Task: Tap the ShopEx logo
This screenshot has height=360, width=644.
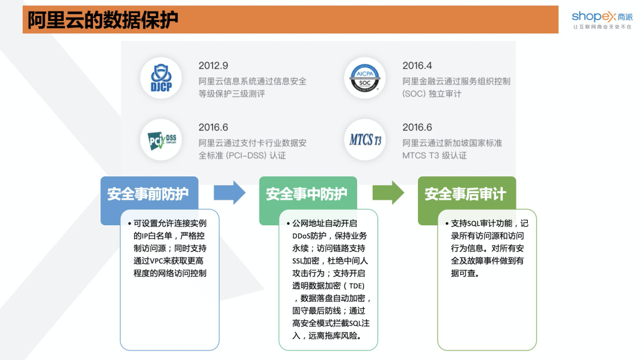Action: click(x=600, y=15)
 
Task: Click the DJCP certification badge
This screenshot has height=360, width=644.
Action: click(x=161, y=78)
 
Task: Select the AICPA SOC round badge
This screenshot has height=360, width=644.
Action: click(x=365, y=78)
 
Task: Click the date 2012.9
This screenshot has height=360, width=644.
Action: click(x=213, y=66)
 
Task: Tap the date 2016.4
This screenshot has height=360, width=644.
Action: click(x=417, y=66)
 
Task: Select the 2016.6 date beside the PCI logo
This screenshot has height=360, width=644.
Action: click(x=213, y=128)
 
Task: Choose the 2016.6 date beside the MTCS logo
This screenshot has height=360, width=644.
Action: click(x=417, y=128)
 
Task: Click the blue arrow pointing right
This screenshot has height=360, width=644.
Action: click(x=230, y=193)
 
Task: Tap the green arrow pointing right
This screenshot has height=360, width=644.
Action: click(x=388, y=193)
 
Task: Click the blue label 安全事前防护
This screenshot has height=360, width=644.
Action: click(x=148, y=194)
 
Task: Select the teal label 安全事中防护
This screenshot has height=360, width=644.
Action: click(x=306, y=194)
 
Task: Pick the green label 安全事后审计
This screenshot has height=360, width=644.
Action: click(x=465, y=194)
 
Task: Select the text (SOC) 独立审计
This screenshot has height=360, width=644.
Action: click(x=432, y=94)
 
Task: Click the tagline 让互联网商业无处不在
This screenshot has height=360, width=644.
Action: click(x=602, y=27)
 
